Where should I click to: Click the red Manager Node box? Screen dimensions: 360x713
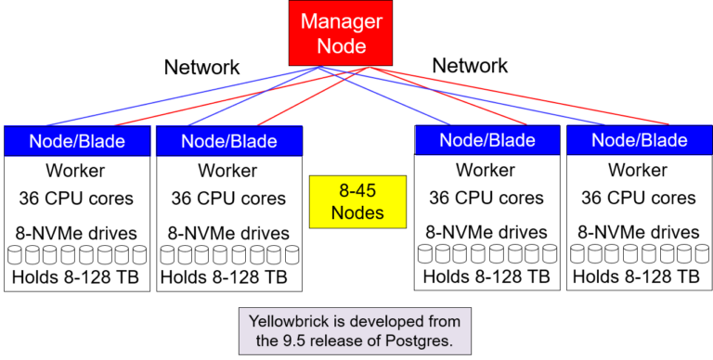coord(341,32)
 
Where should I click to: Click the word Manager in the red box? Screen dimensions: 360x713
coord(341,20)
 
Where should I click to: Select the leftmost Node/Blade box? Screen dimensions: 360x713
coord(77,141)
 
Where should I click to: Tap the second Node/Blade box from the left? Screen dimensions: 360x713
coord(228,141)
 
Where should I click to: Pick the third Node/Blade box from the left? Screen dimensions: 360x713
coord(487,140)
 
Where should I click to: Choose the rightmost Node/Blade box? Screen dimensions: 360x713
coord(640,140)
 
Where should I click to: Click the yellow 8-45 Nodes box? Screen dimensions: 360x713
coord(357,201)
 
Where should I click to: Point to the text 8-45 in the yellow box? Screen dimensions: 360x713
coord(357,190)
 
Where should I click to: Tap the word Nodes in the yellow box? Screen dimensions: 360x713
coord(357,213)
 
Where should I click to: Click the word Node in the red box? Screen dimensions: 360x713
coord(341,45)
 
